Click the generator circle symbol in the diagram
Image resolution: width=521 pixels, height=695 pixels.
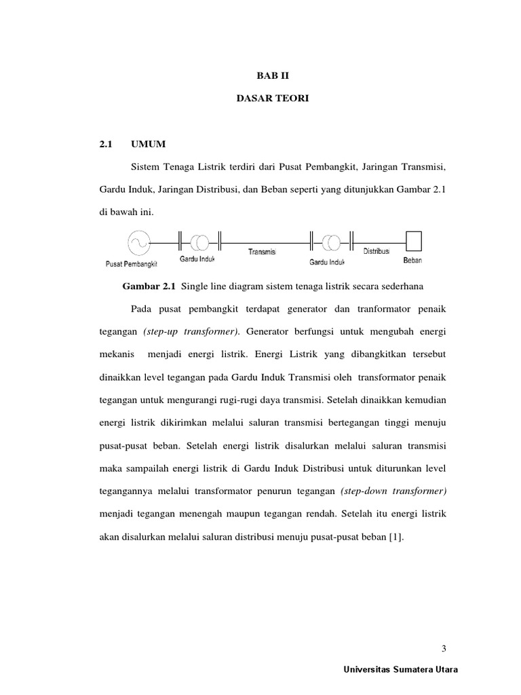tap(138, 242)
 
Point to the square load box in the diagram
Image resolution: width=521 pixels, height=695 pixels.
tap(413, 241)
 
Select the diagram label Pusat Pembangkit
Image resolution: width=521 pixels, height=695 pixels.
tap(132, 263)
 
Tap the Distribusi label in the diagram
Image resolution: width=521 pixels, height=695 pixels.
tap(376, 251)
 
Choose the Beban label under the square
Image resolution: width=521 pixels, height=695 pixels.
tap(412, 261)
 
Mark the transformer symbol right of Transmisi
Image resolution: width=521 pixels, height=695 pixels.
tap(331, 242)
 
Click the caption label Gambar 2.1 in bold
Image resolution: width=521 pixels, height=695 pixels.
tap(149, 286)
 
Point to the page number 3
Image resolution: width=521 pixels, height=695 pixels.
tap(444, 647)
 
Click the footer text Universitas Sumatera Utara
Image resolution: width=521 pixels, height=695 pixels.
tap(401, 669)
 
